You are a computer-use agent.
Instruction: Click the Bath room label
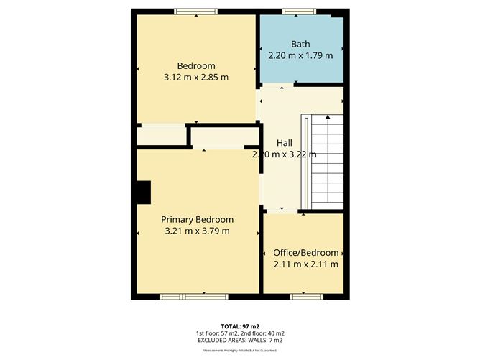[x=300, y=44]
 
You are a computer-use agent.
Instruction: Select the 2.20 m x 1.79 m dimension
[x=300, y=55]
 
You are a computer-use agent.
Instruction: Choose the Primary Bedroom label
[x=197, y=219]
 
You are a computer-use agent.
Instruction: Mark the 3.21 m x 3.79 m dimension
[x=197, y=231]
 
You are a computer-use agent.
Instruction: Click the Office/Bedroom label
[x=305, y=253]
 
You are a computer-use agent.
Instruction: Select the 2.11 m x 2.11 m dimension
[x=305, y=264]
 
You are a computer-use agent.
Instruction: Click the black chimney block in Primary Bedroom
[x=144, y=193]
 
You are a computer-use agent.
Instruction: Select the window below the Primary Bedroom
[x=183, y=296]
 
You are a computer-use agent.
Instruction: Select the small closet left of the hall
[x=161, y=136]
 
